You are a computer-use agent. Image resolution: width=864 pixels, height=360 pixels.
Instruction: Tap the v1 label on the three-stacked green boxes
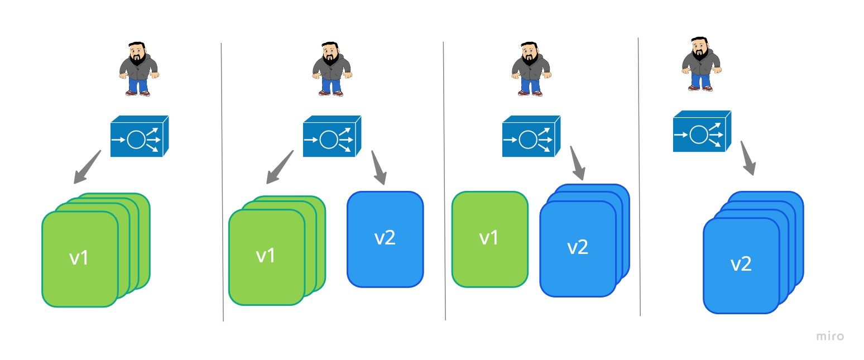coord(266,255)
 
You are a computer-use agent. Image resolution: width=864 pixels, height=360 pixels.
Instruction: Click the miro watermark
coord(830,336)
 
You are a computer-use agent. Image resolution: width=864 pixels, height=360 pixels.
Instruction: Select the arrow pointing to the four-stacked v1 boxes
coord(88,166)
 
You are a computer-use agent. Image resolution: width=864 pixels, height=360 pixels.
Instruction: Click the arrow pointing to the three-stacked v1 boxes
coord(280,166)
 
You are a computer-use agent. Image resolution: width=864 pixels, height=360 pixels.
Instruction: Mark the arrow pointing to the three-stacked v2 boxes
coord(577,163)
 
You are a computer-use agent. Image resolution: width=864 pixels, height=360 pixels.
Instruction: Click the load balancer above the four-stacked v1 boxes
coord(139,136)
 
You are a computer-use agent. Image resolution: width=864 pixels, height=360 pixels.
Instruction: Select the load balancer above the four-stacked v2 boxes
coord(702,132)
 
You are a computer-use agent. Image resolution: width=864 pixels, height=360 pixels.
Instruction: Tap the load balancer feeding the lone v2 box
coord(332,136)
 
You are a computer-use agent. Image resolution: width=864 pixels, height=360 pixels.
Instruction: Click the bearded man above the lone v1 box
coord(531,67)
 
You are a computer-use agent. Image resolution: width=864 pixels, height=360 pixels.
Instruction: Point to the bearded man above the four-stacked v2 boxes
coord(701,63)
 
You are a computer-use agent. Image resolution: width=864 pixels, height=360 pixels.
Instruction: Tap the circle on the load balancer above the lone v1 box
coord(527,139)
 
